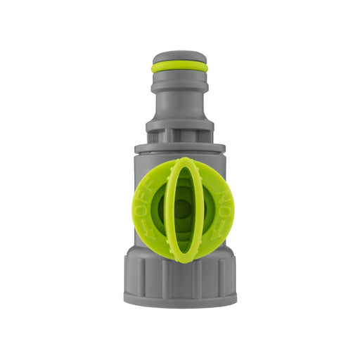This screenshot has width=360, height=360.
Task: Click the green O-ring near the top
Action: click(x=179, y=67)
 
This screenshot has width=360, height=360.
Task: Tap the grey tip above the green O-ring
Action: click(x=179, y=56)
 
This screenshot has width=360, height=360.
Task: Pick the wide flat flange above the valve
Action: click(x=179, y=148)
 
